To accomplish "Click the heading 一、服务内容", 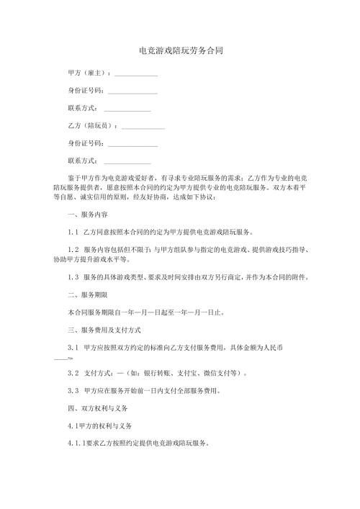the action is tap(87, 215).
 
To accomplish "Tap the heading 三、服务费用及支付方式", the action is tap(102, 350).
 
